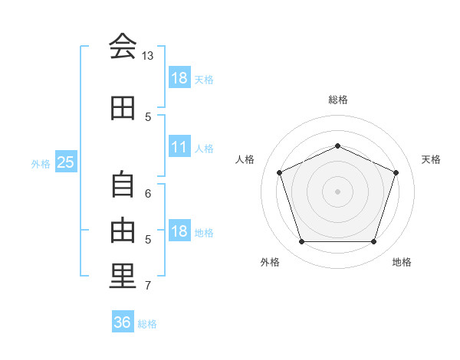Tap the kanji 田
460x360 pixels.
123,108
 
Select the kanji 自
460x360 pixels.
123,184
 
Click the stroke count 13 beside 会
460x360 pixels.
148,56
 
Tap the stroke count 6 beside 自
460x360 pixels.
148,193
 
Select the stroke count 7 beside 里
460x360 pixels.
148,286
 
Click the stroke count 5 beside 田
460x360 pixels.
148,117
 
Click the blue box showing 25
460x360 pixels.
65,162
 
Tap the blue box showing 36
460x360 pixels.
122,322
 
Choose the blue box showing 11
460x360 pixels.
179,147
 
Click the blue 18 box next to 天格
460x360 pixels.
179,78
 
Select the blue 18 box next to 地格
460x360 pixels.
179,232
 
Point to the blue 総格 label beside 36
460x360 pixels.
147,324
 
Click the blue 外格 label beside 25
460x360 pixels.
41,163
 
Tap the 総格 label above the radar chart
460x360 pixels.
338,100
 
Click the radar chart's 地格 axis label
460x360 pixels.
402,262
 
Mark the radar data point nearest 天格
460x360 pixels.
396,172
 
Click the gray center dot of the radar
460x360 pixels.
338,191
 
